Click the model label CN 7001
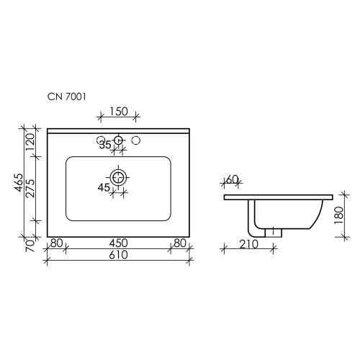point(66,96)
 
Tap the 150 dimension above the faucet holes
point(119,112)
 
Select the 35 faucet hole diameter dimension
point(105,145)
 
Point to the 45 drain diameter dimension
point(104,187)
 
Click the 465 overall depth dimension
point(19,183)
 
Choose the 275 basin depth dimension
point(31,189)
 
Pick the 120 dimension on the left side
point(31,142)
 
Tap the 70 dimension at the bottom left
point(30,246)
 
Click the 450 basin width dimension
point(118,243)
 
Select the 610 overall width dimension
point(118,255)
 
